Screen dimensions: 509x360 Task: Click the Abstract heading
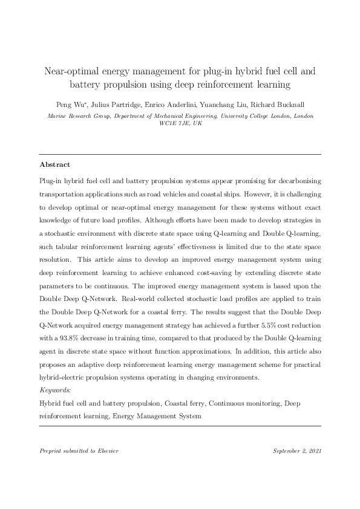(54, 164)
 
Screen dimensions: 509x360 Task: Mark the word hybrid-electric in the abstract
(65, 378)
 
